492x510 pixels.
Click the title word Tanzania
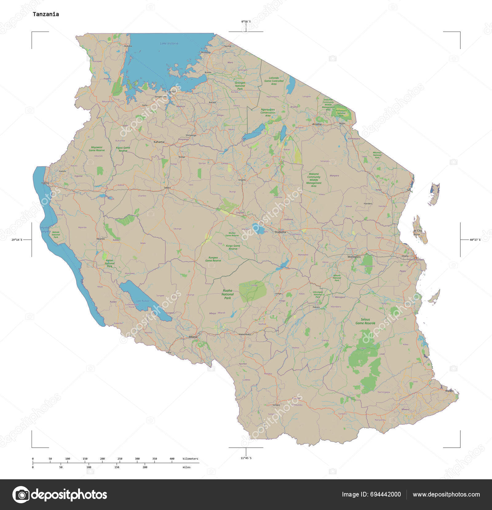(x=46, y=14)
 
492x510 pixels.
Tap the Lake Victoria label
(x=169, y=43)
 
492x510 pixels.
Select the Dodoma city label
(x=280, y=232)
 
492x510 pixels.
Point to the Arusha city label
(x=317, y=124)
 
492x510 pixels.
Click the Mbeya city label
(x=193, y=337)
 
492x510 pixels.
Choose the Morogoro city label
(x=354, y=257)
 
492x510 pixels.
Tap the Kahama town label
(x=159, y=142)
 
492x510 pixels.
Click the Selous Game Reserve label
(x=365, y=321)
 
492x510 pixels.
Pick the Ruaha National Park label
(x=228, y=294)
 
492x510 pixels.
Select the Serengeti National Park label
(x=240, y=86)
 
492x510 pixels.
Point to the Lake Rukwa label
(x=143, y=301)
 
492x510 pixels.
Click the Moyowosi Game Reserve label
(x=97, y=149)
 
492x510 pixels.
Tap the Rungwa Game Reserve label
(x=213, y=259)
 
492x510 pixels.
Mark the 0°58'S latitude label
(x=246, y=22)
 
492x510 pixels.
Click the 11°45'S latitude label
(x=246, y=458)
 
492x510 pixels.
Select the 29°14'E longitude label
(x=17, y=239)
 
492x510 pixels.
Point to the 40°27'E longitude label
(x=475, y=239)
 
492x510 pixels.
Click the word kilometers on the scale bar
(x=190, y=459)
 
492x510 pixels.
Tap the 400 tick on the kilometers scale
(x=172, y=459)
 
